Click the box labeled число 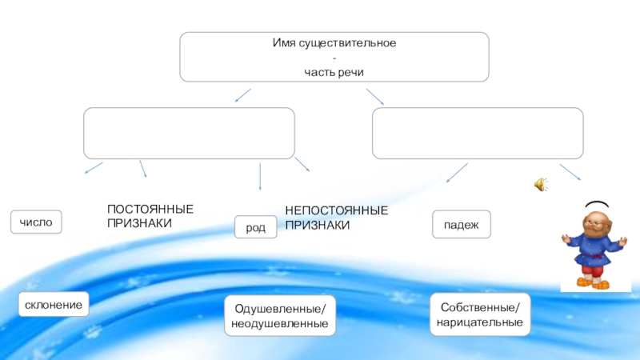coord(35,222)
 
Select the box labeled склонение coord(54,306)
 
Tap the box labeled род coord(255,228)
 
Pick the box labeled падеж coord(461,225)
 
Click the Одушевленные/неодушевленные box coord(280,315)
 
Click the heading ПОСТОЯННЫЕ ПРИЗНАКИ coord(150,216)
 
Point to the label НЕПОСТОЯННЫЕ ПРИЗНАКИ coord(336,217)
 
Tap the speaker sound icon coord(541,186)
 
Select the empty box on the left coord(189,133)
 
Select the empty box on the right coord(478,133)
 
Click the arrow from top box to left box coord(242,95)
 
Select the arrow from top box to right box coord(375,96)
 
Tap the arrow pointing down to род coord(260,177)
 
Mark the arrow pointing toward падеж coord(457,172)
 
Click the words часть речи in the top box coord(334,72)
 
